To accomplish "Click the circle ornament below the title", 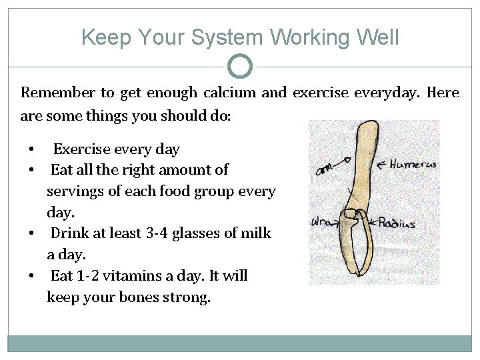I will click(x=240, y=66).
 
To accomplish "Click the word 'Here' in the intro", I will click(x=442, y=93).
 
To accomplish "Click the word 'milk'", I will click(x=257, y=233).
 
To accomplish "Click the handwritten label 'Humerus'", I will click(x=413, y=164).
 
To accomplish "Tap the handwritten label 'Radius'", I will click(x=397, y=223).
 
